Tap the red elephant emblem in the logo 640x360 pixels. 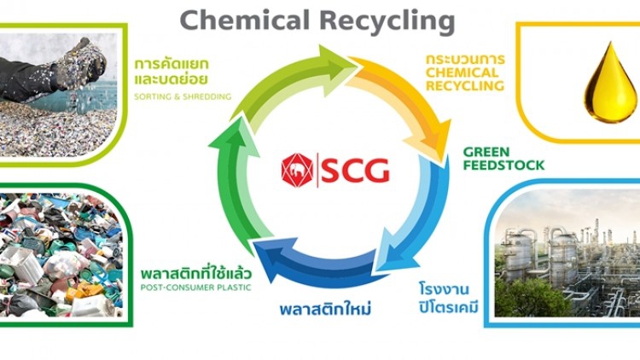pos(297,169)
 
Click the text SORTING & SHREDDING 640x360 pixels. pos(183,96)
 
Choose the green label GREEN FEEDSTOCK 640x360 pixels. pos(503,158)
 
